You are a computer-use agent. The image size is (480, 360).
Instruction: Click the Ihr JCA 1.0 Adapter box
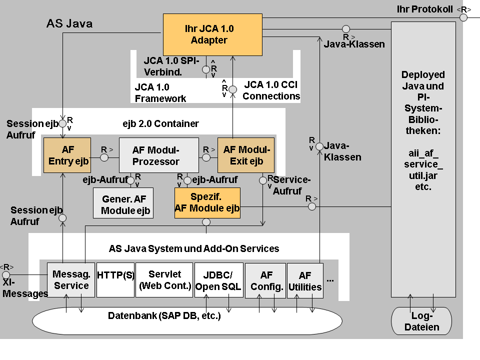212,34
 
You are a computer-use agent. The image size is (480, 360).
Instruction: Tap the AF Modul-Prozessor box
158,155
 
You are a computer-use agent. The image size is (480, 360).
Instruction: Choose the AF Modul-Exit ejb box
246,155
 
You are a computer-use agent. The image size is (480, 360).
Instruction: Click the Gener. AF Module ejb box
123,203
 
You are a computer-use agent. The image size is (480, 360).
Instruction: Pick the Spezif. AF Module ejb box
207,202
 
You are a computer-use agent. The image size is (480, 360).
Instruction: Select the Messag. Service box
71,280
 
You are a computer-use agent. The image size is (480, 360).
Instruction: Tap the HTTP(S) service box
115,280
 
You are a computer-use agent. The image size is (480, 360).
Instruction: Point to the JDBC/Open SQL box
218,280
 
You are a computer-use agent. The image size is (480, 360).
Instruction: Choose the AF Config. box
265,280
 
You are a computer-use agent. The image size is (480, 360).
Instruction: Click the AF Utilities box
305,280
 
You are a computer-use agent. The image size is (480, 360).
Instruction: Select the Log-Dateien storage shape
422,321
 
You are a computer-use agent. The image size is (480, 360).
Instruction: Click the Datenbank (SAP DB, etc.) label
164,316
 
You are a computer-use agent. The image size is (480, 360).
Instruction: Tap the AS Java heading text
69,23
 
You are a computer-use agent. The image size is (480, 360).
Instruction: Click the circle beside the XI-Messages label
6,275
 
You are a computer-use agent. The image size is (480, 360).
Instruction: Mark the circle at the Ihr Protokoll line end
463,17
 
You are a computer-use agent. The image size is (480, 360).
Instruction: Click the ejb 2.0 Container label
160,123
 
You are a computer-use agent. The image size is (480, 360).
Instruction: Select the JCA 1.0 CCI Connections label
271,90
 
